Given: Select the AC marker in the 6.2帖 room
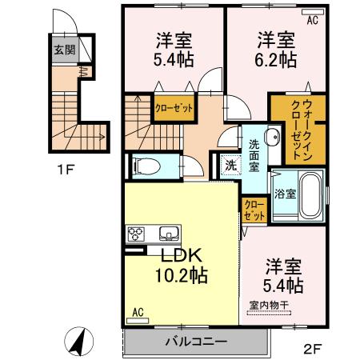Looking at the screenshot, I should pyautogui.click(x=313, y=22).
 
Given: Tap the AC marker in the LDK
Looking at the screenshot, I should pyautogui.click(x=137, y=311).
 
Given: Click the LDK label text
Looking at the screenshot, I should pyautogui.click(x=183, y=256).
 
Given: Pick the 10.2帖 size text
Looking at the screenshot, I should pyautogui.click(x=182, y=276).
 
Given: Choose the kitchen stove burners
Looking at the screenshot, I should pyautogui.click(x=135, y=234).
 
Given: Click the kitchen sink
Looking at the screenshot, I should pyautogui.click(x=170, y=234).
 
